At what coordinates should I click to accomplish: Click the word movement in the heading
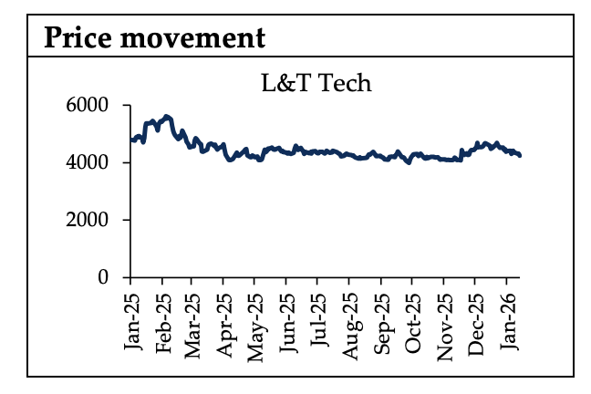[x=192, y=37]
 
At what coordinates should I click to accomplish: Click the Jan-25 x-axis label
[x=131, y=319]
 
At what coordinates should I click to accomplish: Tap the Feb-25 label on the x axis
[x=163, y=319]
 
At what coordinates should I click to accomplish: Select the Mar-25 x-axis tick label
[x=193, y=319]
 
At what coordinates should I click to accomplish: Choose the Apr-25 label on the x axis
[x=224, y=319]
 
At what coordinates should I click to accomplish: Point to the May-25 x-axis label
[x=256, y=319]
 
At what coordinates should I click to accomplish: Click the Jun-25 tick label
[x=287, y=319]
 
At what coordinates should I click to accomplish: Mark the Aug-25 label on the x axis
[x=350, y=319]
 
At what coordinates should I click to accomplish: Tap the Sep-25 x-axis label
[x=382, y=319]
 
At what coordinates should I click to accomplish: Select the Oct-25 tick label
[x=412, y=319]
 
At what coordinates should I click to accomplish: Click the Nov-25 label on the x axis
[x=444, y=319]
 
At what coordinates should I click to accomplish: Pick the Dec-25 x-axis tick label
[x=475, y=319]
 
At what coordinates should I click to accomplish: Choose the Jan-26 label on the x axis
[x=507, y=319]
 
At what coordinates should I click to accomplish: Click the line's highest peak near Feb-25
[x=165, y=117]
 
